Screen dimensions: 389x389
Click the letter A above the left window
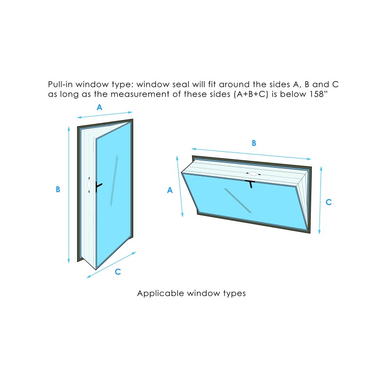point(99,107)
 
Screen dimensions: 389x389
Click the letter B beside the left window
point(58,189)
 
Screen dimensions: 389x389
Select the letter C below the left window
point(118,272)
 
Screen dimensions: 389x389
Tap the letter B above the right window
point(254,143)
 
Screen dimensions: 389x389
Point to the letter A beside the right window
point(170,191)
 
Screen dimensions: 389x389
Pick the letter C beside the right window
point(329,202)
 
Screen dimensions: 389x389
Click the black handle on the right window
point(251,183)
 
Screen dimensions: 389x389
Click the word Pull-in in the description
point(61,84)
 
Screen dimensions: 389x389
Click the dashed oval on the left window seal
point(89,185)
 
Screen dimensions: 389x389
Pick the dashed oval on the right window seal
point(253,174)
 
